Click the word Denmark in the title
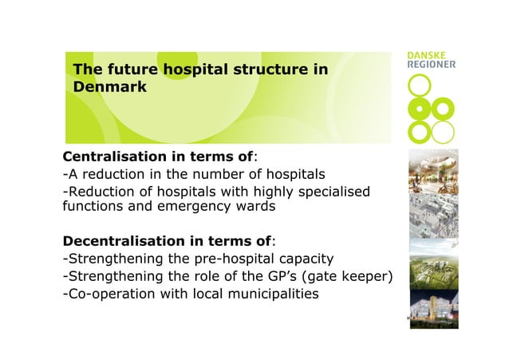110,87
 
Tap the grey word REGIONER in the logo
432,65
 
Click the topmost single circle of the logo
418,85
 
